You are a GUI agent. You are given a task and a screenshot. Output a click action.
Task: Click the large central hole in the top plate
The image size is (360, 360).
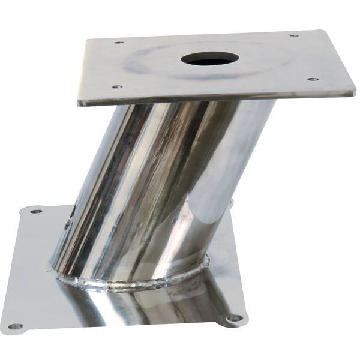210,59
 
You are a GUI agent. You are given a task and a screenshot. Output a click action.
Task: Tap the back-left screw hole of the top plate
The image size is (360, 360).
119,43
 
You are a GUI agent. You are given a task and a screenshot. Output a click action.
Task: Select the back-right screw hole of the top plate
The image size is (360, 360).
293,36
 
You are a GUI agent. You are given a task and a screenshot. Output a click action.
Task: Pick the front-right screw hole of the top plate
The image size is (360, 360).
311,79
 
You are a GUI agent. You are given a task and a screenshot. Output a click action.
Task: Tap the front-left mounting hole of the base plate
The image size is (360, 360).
16,326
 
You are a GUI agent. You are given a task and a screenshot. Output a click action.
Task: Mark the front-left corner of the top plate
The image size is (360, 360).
79,103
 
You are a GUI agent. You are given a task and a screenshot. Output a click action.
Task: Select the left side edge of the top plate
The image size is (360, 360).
82,72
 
